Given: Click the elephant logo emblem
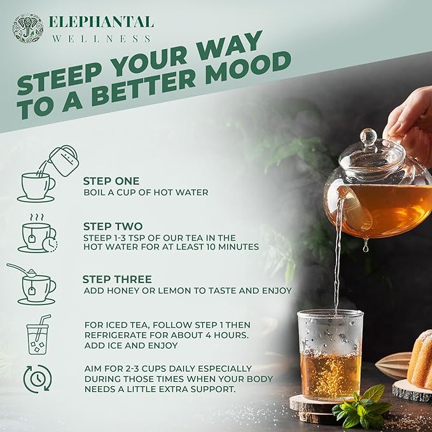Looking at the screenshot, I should pos(28,28).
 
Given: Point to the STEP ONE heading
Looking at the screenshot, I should pos(111,181).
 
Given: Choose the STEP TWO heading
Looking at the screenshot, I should pos(113,226).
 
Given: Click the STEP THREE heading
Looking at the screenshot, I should pos(117,279).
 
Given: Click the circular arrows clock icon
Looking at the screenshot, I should pos(38,379).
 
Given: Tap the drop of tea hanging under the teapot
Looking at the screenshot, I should pos(365,246).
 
